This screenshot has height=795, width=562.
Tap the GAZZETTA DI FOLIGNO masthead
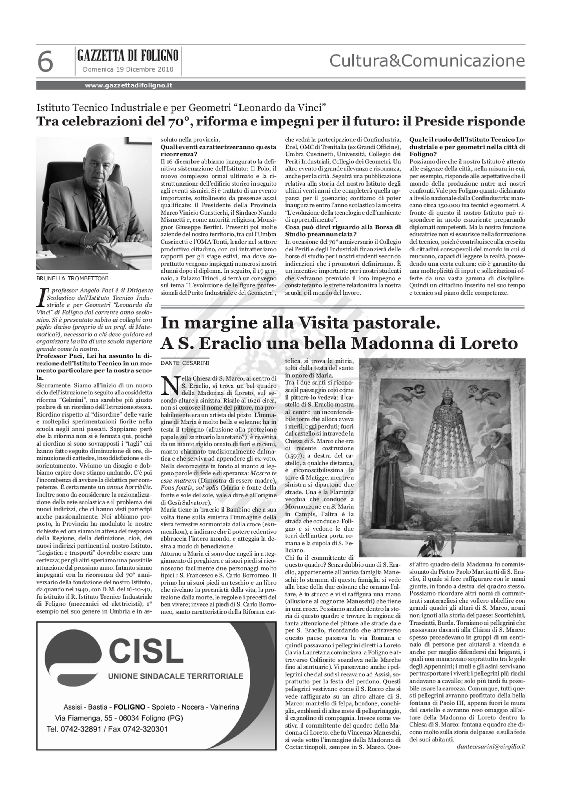click(128, 55)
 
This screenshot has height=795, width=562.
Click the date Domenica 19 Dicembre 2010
click(128, 69)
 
